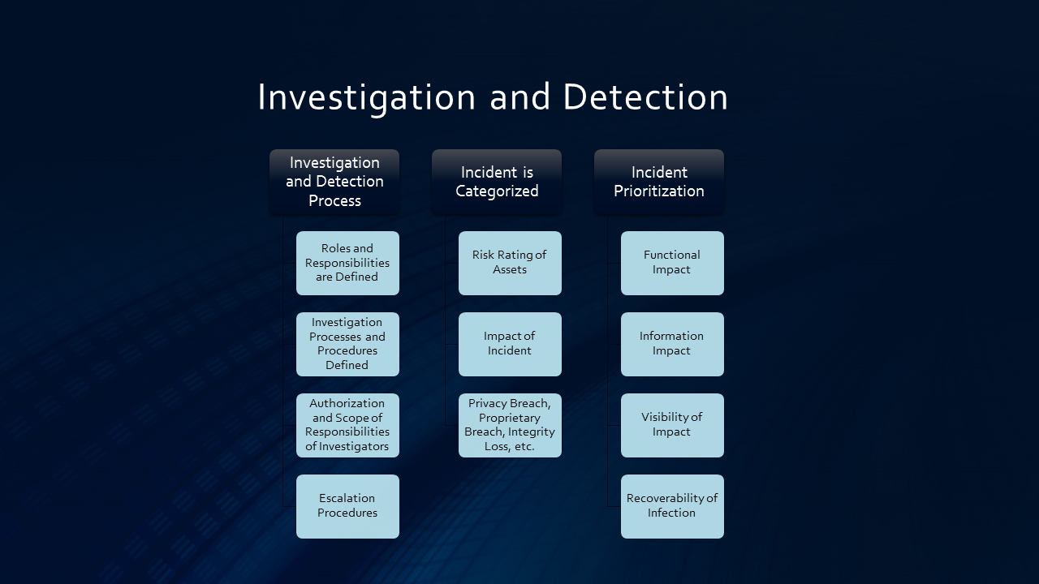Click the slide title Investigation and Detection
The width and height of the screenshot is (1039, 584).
[x=493, y=97]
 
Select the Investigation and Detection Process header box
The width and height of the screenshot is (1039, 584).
[x=334, y=182]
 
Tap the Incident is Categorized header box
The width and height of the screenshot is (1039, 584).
[x=497, y=182]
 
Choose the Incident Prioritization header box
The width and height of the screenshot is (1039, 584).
[x=659, y=182]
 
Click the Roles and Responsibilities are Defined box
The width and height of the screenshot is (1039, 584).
[x=347, y=263]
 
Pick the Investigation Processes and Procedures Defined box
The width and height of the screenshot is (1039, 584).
[x=347, y=344]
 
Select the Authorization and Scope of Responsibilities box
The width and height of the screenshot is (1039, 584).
[x=347, y=425]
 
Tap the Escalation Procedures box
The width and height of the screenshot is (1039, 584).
[x=347, y=506]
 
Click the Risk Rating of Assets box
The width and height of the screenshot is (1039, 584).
[x=510, y=263]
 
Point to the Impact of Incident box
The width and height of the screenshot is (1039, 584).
[x=510, y=344]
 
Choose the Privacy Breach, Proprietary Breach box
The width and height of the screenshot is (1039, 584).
[x=510, y=425]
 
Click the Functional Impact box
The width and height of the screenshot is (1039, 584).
[x=672, y=263]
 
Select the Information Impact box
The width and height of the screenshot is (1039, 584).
[x=672, y=344]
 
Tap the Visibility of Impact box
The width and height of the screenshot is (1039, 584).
[x=672, y=425]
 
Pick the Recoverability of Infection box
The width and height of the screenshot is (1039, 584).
[x=672, y=506]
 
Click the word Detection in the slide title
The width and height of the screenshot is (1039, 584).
[x=645, y=97]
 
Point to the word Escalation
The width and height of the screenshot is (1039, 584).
[x=347, y=498]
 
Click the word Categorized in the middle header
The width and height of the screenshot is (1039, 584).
[x=497, y=191]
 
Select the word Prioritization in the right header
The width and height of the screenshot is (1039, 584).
[x=659, y=191]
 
